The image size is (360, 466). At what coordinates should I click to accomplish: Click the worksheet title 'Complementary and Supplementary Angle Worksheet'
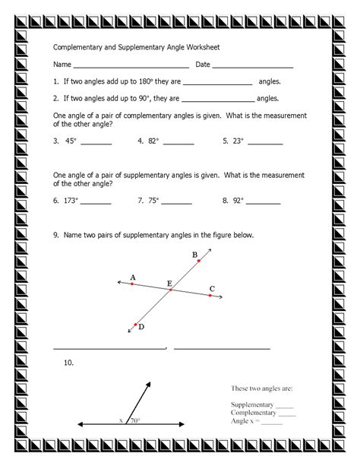point(137,46)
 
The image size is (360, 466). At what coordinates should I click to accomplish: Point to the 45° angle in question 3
point(72,141)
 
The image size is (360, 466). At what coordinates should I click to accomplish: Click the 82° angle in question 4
point(154,141)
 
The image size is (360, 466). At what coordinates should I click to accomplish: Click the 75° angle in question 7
point(154,201)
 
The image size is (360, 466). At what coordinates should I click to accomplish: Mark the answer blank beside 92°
point(261,203)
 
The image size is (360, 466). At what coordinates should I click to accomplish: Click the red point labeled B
point(199,261)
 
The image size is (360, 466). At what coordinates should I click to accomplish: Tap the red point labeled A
point(132,284)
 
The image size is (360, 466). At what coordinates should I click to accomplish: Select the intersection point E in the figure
point(171,290)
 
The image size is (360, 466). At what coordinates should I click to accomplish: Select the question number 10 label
point(68,363)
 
